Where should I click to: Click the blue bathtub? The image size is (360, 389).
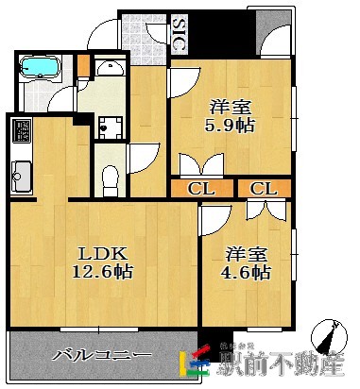coord(40,68)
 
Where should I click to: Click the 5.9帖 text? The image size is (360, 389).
coord(231,127)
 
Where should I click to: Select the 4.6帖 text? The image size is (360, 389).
coord(248,273)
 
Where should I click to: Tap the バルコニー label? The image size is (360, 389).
coord(102,356)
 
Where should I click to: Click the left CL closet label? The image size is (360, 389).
coord(200,188)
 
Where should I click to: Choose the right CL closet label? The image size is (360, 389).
coord(264,188)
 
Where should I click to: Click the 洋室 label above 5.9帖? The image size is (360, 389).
coord(231,107)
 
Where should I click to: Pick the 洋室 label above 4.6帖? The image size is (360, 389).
coord(248,253)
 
